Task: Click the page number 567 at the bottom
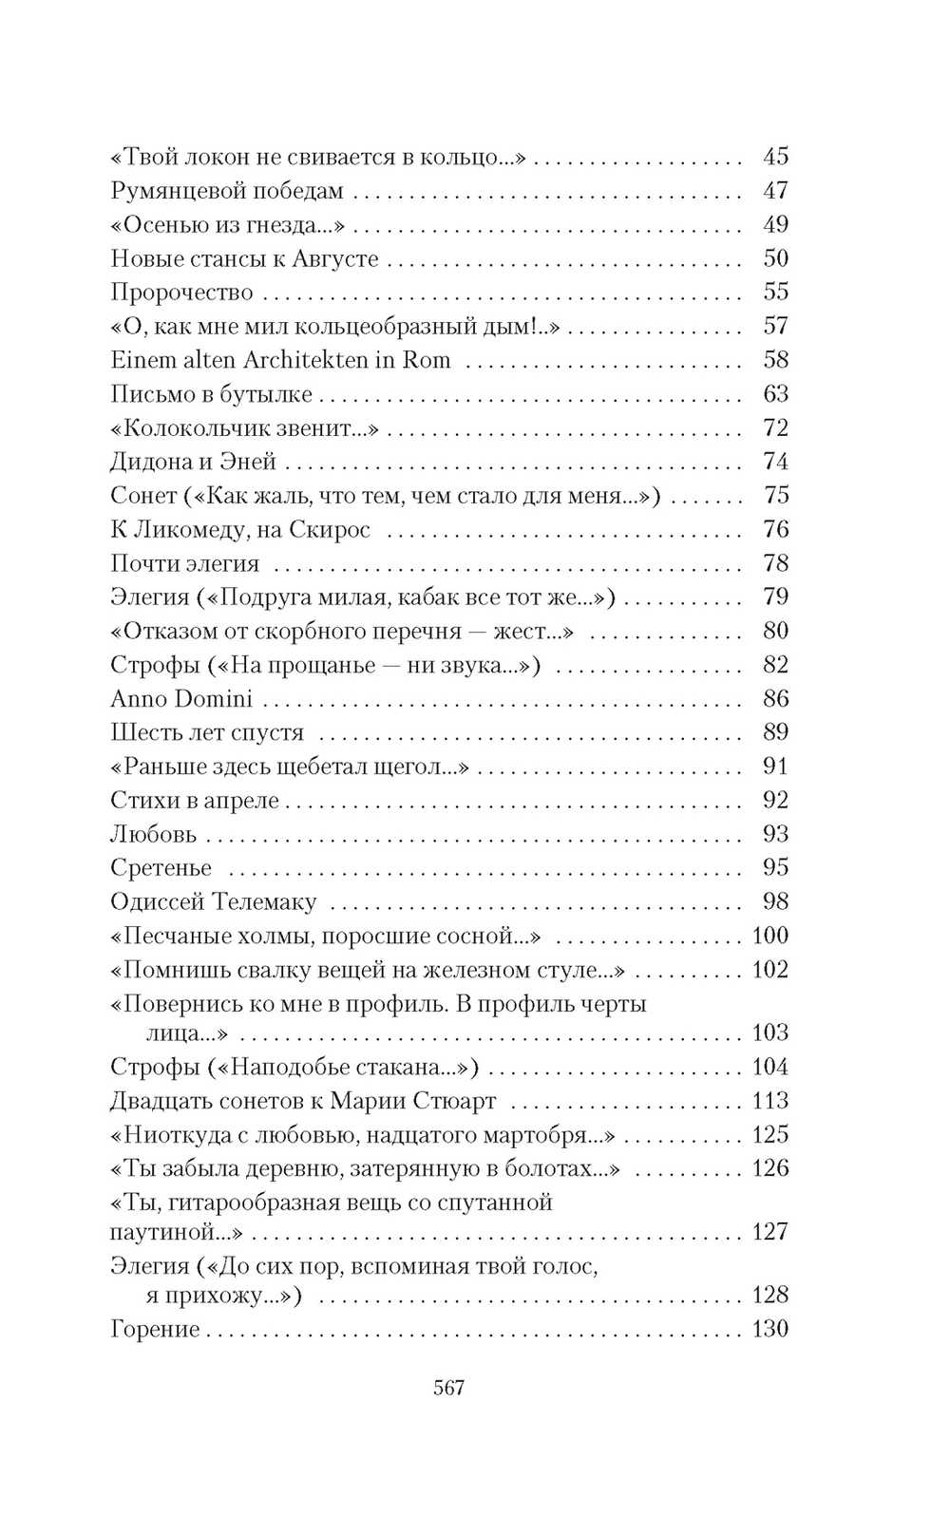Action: point(448,1388)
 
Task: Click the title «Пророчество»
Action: point(181,293)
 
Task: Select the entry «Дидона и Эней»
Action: point(193,462)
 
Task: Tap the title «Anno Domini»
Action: point(181,699)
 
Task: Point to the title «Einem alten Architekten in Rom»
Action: point(280,360)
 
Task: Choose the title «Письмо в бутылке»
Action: point(211,394)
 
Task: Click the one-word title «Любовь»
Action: point(154,835)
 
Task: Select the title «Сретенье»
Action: point(161,868)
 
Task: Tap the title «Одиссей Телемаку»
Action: point(213,902)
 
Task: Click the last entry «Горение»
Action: point(155,1329)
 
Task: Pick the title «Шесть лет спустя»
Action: point(207,732)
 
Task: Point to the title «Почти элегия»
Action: point(184,563)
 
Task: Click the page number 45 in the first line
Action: point(775,157)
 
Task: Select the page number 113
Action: point(769,1101)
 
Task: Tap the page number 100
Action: point(769,936)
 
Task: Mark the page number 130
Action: point(769,1329)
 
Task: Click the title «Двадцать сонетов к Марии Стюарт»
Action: point(303,1101)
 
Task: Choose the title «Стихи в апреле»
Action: point(195,801)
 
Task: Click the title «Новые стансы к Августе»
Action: point(244,258)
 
